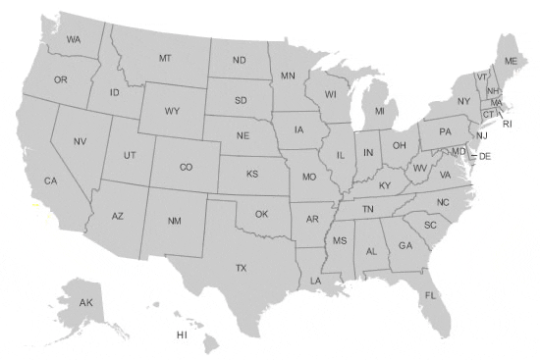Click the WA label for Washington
tap(74, 40)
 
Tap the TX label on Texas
tap(241, 268)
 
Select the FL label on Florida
tap(430, 295)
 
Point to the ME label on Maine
tap(511, 61)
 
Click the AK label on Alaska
tap(86, 302)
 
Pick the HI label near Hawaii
tap(182, 335)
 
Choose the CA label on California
tap(51, 181)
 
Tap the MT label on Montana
tap(165, 59)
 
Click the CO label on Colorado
tap(186, 168)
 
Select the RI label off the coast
tap(508, 125)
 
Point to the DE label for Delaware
tap(484, 157)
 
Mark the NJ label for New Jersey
tap(482, 136)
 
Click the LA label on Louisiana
tap(315, 281)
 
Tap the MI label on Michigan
tap(379, 112)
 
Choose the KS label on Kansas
tap(252, 175)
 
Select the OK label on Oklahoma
tap(261, 214)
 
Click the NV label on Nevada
tap(80, 141)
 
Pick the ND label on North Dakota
tap(239, 61)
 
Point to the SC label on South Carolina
tap(430, 225)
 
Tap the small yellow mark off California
tap(36, 207)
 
